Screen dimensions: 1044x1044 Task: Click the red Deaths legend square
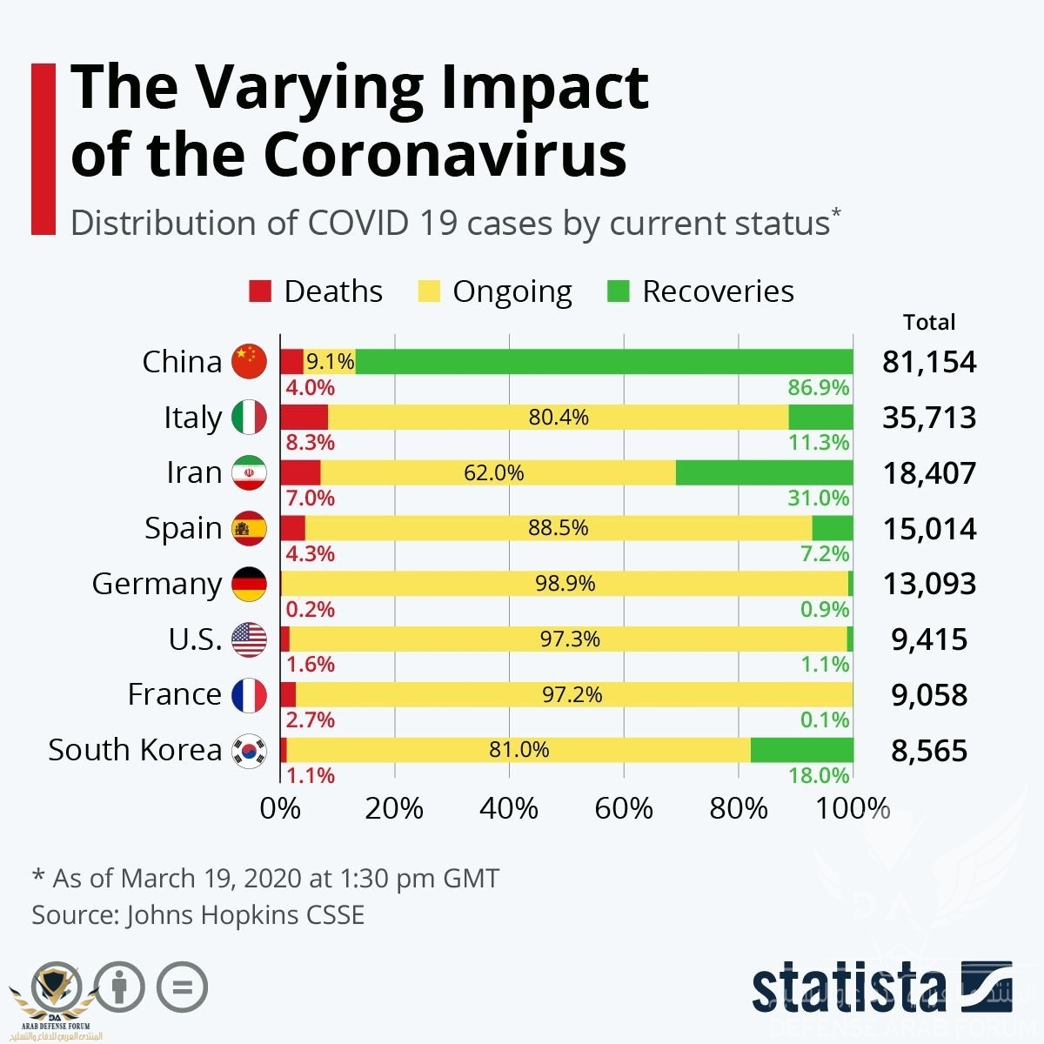260,291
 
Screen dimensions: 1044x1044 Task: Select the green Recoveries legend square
618,291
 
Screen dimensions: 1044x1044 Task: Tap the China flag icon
250,362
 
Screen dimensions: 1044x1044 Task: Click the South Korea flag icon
250,750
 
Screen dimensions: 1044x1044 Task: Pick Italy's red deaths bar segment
304,418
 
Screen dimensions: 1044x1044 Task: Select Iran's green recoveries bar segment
764,473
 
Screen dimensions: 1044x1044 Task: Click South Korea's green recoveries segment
801,750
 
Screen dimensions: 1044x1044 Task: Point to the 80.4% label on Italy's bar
559,418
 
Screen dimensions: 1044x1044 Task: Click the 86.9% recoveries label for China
819,388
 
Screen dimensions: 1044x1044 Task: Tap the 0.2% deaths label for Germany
310,609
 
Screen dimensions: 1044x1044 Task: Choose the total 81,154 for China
929,362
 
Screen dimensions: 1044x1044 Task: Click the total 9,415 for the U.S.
929,639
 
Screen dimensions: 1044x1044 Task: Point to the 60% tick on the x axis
624,809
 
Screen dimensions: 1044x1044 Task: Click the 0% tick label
280,809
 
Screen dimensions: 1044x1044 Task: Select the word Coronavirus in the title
445,155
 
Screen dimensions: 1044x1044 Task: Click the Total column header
929,323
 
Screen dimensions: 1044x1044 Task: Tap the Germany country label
157,584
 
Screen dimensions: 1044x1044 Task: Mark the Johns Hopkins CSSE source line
198,915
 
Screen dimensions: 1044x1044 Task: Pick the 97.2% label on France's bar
572,694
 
